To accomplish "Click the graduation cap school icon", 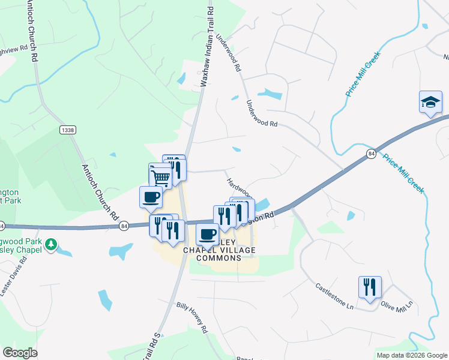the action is (x=430, y=102).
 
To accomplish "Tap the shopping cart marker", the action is (x=160, y=176).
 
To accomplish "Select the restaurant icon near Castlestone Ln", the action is (x=370, y=287).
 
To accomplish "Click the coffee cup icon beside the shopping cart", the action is (x=151, y=196).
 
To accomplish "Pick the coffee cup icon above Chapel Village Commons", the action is (x=208, y=234).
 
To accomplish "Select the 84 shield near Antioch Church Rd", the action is (x=124, y=226).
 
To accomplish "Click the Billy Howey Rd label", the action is (x=192, y=317).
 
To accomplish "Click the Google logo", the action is (x=20, y=352).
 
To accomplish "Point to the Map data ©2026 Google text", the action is (x=411, y=355).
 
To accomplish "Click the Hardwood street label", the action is (x=239, y=187).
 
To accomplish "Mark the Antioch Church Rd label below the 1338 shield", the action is (x=98, y=190).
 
